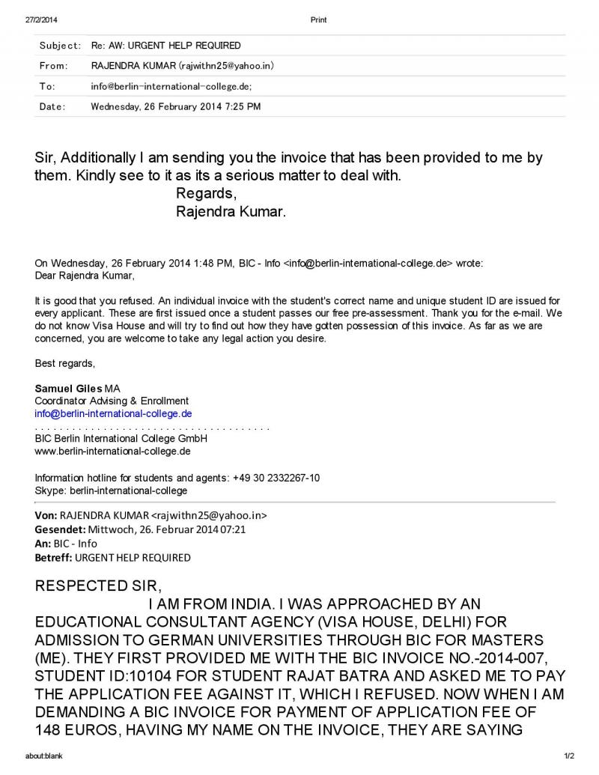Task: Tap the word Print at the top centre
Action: coord(318,19)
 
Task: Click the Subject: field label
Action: coord(60,46)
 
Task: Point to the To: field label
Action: coord(47,86)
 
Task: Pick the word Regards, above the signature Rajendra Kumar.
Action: coord(206,195)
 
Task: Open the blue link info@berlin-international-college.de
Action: coord(114,413)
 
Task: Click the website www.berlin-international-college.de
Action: coord(113,451)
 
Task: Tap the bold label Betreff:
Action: coord(54,557)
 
